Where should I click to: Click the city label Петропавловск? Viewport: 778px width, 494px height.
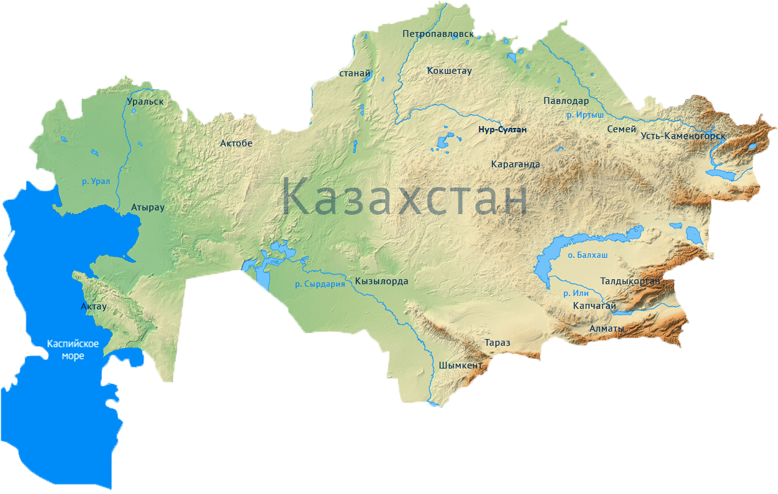click(x=438, y=34)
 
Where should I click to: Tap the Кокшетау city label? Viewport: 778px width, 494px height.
click(x=449, y=71)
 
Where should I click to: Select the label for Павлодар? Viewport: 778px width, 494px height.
click(x=566, y=101)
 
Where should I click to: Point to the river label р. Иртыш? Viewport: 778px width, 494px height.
click(x=585, y=115)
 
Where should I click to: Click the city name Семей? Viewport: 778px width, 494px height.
click(x=622, y=129)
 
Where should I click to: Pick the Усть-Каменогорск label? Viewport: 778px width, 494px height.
click(x=683, y=136)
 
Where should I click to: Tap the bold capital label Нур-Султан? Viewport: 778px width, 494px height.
click(x=503, y=130)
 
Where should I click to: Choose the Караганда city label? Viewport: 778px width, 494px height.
click(x=516, y=164)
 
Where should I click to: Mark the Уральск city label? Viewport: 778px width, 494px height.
click(x=145, y=101)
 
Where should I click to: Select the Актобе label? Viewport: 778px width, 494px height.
click(x=236, y=143)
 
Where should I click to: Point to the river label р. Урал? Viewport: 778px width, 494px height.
click(x=95, y=181)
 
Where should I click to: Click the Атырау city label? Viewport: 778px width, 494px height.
click(x=148, y=208)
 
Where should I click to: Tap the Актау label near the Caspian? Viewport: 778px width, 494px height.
click(x=94, y=306)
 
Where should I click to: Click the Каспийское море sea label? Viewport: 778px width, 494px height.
click(x=74, y=349)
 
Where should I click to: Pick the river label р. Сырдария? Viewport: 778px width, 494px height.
click(x=319, y=284)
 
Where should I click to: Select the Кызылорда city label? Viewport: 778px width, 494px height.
click(x=382, y=281)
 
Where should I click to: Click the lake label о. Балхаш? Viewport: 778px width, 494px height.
click(x=587, y=255)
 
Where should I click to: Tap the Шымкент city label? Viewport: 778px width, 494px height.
click(x=461, y=365)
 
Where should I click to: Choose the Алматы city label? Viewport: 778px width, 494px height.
click(x=607, y=329)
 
